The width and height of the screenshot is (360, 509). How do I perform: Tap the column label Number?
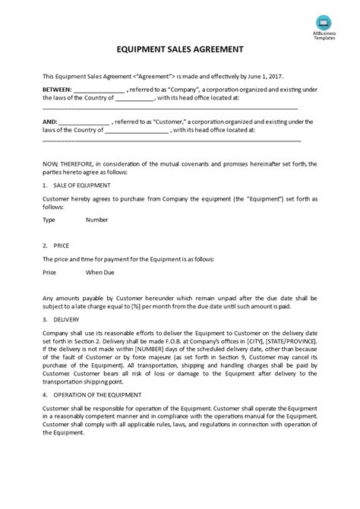pyautogui.click(x=96, y=220)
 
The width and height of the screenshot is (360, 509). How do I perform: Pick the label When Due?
pyautogui.click(x=99, y=271)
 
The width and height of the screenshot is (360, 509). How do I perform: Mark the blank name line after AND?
pyautogui.click(x=83, y=122)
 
